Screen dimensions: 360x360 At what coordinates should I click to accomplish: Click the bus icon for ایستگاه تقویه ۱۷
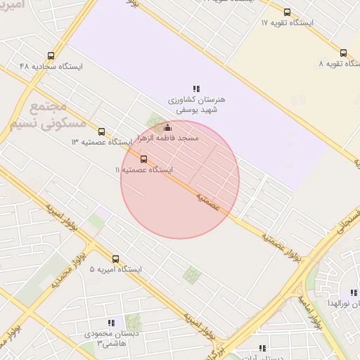point(287,12)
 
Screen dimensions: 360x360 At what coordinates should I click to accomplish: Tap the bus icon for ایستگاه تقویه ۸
point(343,53)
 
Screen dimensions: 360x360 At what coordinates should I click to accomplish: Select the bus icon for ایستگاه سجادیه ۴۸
point(51,56)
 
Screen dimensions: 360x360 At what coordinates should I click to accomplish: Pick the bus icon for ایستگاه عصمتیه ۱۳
point(101,131)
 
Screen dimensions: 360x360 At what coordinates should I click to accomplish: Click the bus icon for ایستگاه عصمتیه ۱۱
point(144,159)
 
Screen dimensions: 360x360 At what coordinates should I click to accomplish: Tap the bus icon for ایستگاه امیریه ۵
point(116,259)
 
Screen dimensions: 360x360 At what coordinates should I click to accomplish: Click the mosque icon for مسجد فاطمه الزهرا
point(167,127)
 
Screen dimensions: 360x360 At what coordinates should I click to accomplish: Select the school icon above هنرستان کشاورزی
point(196,89)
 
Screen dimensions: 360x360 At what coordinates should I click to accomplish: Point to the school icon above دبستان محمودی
point(112,323)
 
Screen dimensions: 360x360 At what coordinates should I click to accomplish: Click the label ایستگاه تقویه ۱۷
point(287,23)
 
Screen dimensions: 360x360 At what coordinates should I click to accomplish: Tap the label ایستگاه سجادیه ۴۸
point(51,66)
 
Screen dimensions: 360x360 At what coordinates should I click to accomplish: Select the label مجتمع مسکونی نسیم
point(49,115)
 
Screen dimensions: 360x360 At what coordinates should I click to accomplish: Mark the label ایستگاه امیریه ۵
point(116,270)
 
